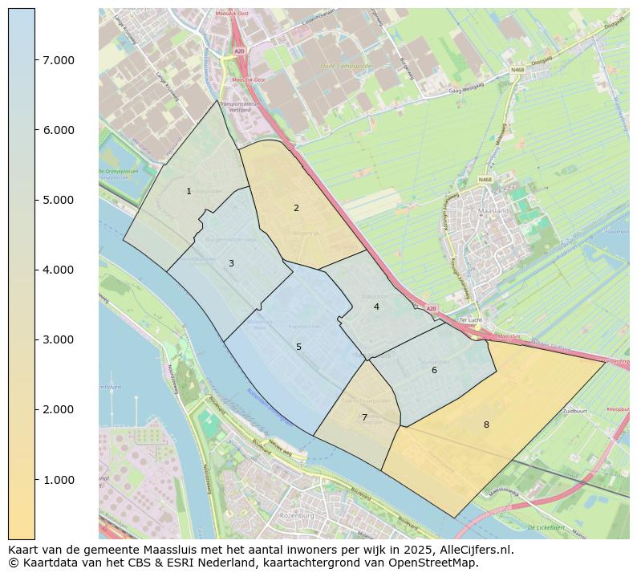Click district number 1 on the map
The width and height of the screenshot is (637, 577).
[x=189, y=191]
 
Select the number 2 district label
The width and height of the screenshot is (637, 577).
[x=296, y=208]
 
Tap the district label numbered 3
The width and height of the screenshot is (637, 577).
[x=231, y=263]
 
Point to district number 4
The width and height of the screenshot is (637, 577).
[x=376, y=307]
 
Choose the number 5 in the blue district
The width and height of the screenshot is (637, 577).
[x=298, y=347]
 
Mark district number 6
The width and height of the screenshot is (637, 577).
[x=434, y=370]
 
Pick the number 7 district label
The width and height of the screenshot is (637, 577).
[x=364, y=417]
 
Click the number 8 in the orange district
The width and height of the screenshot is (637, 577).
[x=486, y=425]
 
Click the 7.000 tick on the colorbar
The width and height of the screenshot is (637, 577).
[x=59, y=60]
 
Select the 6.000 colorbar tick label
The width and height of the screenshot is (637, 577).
[x=59, y=130]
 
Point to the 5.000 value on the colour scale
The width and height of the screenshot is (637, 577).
[x=59, y=200]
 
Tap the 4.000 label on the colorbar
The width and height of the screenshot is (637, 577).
[x=59, y=270]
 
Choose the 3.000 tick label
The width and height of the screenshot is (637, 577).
[x=59, y=339]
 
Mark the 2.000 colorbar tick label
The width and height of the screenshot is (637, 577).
[x=59, y=409]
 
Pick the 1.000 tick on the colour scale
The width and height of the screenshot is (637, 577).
[x=59, y=480]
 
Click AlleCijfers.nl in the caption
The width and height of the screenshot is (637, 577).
[x=473, y=550]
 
